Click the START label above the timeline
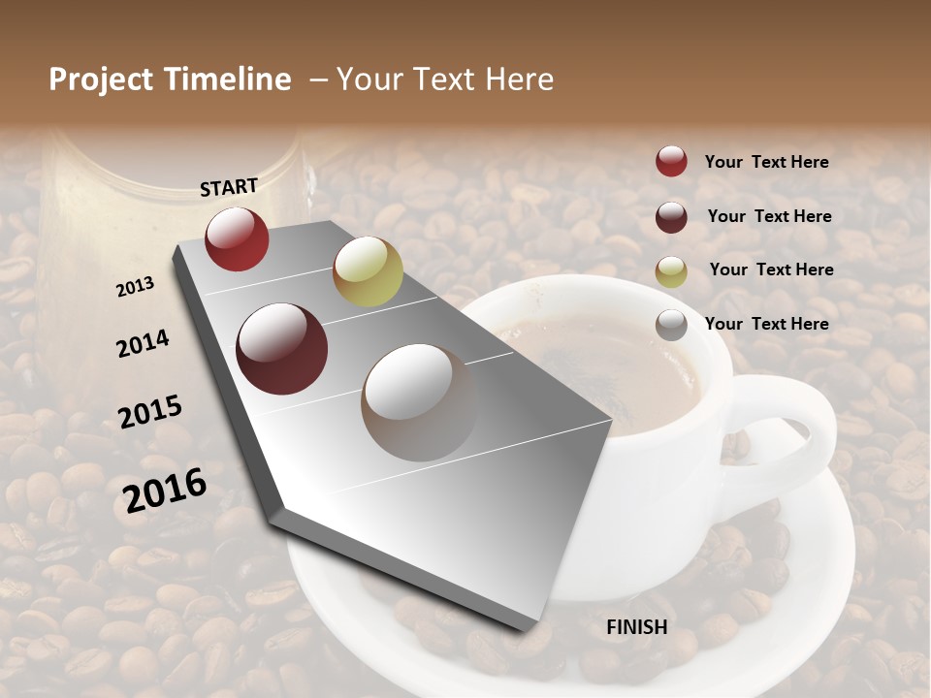[229, 187]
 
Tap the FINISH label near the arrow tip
[637, 627]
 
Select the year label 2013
[136, 287]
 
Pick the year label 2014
[143, 343]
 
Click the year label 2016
[165, 490]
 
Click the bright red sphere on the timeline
[237, 238]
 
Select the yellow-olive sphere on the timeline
[368, 271]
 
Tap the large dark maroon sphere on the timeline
[282, 349]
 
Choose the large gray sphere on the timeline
[419, 402]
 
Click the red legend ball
[671, 161]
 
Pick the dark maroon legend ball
[671, 216]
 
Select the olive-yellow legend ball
[671, 270]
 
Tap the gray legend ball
[671, 325]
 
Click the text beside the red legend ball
[766, 162]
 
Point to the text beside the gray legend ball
[766, 324]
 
